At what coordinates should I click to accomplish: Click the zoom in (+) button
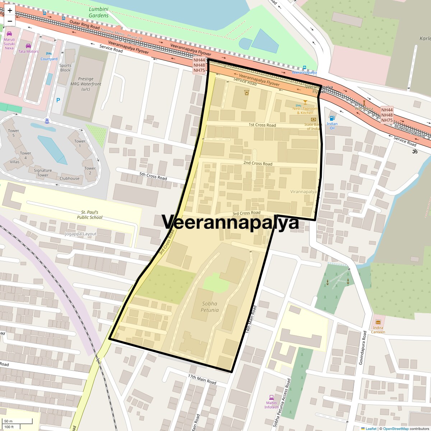click(10, 10)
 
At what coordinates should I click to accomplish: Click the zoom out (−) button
click(10, 21)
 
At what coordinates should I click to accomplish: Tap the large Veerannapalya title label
click(230, 222)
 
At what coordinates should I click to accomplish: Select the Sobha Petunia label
click(210, 307)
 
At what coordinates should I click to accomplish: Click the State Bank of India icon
click(313, 119)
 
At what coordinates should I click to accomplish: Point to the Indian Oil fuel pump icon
click(332, 117)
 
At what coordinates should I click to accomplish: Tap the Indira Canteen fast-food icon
click(377, 322)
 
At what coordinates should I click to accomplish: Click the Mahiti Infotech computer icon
click(272, 397)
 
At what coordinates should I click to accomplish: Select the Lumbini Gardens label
click(98, 12)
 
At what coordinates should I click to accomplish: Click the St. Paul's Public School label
click(90, 215)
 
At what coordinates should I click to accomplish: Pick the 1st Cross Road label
click(262, 125)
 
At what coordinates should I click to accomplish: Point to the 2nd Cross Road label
click(258, 163)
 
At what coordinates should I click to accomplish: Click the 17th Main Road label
click(202, 379)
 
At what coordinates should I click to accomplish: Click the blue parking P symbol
click(58, 101)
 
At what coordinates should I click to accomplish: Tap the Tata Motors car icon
click(28, 46)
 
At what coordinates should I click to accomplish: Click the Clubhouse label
click(69, 178)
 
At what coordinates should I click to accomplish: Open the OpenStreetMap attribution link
click(395, 428)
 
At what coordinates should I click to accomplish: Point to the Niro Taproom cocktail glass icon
click(305, 102)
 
